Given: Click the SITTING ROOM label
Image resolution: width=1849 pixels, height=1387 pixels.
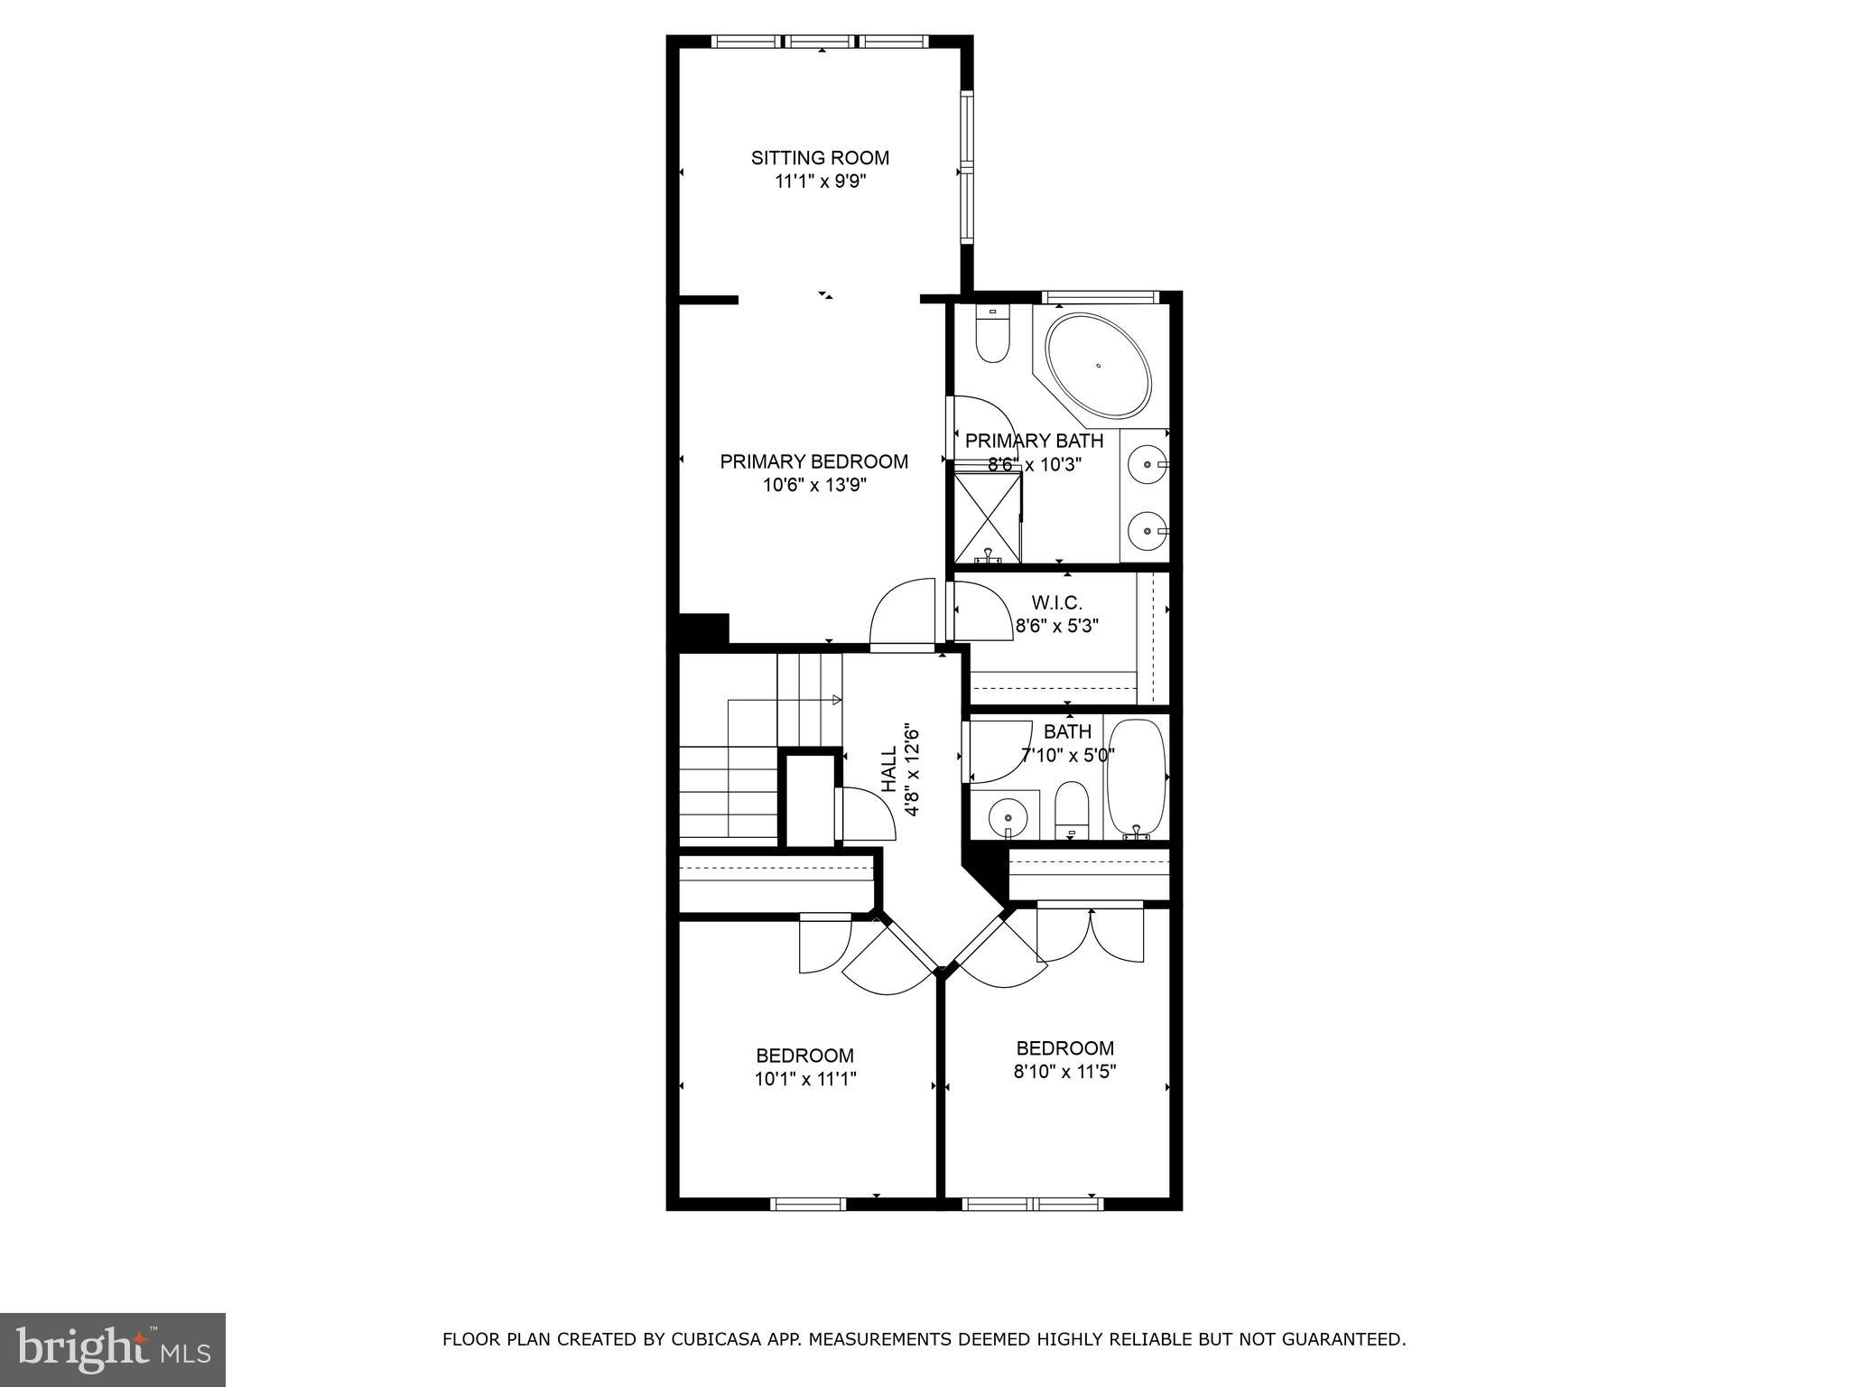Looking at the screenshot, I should [x=820, y=158].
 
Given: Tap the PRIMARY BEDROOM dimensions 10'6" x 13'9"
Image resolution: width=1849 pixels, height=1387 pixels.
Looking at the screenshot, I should [x=814, y=485].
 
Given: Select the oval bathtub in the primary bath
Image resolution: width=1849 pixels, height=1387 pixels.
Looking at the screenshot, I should [x=1098, y=366].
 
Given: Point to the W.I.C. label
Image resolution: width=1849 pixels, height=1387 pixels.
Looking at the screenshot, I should [x=1056, y=602].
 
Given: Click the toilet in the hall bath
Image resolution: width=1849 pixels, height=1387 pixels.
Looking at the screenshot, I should [x=1072, y=809].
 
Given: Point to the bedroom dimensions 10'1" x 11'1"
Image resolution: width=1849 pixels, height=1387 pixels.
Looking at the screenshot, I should [x=805, y=1078].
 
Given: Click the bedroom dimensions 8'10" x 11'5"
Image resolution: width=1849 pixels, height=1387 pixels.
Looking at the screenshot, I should [x=1065, y=1071].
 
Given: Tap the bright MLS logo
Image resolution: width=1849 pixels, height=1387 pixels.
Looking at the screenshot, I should [x=113, y=1349].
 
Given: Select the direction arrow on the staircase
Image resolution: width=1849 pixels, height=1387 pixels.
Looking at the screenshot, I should [x=836, y=700].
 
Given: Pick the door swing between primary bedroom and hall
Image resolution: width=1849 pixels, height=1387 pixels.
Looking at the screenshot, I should [x=901, y=614].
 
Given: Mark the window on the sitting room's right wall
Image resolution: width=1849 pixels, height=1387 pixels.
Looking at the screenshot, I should [x=967, y=167].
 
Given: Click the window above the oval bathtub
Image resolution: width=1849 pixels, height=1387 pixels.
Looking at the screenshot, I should [x=1099, y=296].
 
